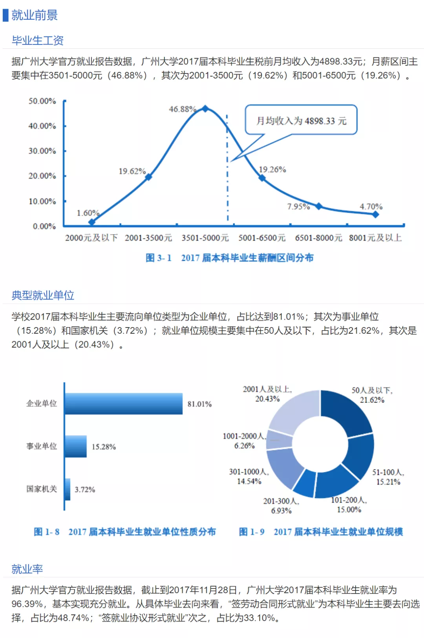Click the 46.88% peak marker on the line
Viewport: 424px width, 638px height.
205,109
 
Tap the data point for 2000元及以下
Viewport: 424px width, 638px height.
91,222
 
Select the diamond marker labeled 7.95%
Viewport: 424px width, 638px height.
319,206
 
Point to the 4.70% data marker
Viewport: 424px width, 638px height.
376,214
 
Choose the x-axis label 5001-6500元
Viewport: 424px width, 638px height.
262,238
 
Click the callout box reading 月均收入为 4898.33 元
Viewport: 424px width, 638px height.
301,120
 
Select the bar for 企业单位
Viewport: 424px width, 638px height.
124,404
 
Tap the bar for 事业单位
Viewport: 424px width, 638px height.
76,446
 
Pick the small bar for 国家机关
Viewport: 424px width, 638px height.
68,489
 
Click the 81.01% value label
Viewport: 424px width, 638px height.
199,404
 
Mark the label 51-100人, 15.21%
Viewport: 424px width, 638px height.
388,477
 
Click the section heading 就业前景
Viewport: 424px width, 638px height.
35,15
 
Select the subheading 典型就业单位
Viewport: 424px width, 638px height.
43,295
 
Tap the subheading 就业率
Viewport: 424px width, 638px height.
27,569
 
